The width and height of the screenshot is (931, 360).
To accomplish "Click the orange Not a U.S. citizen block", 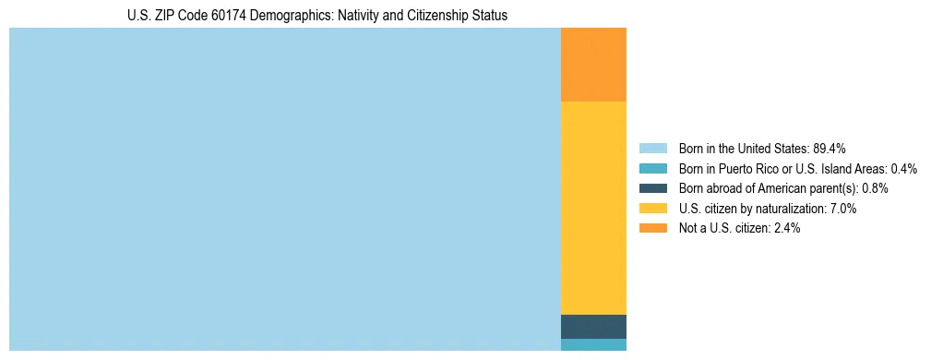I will click(x=593, y=64).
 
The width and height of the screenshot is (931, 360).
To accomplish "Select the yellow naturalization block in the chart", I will click(x=593, y=208).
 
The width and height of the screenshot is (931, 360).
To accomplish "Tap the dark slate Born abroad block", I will click(x=593, y=327).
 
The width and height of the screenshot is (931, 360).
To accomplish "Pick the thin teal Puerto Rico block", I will click(x=593, y=345).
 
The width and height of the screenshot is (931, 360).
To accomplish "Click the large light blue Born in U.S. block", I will click(x=284, y=189).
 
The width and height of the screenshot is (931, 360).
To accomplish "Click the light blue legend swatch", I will click(x=652, y=149).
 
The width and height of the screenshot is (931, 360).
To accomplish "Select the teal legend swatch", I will click(x=652, y=169).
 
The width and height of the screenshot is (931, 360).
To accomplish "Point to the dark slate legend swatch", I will click(x=652, y=188).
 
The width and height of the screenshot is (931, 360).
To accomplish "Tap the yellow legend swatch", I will click(x=652, y=209).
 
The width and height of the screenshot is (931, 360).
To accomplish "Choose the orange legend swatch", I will click(x=652, y=228).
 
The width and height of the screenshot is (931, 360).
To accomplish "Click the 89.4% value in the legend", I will click(x=830, y=149).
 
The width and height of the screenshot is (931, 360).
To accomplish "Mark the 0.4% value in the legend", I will click(x=903, y=169).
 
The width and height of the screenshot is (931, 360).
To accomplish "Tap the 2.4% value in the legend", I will click(x=784, y=228).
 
